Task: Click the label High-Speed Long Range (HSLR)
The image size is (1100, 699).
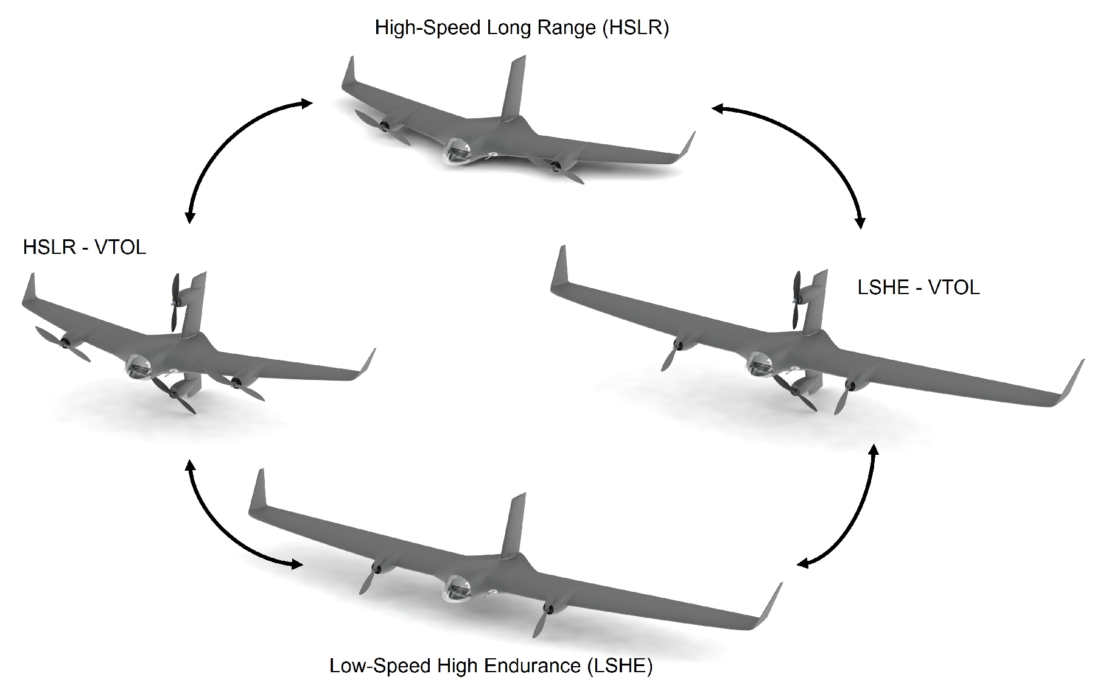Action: pos(522,28)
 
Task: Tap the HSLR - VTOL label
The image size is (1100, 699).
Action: pos(85,247)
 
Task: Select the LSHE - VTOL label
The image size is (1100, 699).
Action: pos(918,287)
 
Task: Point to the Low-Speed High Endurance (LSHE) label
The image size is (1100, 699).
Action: pos(491,666)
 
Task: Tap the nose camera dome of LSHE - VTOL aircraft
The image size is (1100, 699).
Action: pos(759,364)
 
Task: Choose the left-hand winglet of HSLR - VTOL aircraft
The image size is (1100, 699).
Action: pos(28,290)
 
